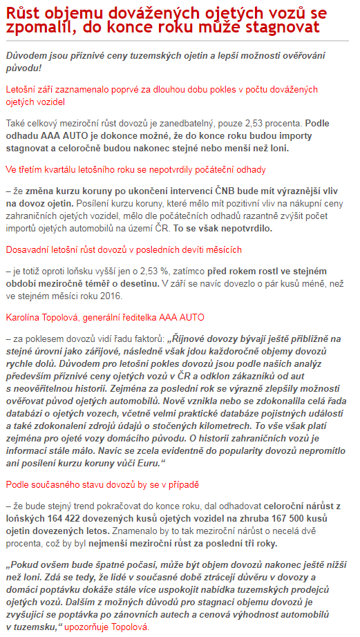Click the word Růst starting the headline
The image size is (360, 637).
(23, 12)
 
